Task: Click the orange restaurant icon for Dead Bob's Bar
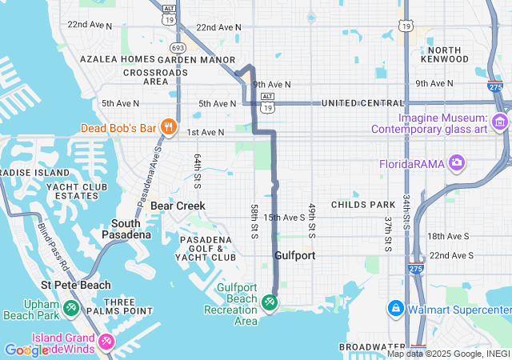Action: [x=168, y=126]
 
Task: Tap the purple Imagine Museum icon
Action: [x=500, y=122]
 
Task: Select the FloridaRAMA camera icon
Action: [x=457, y=163]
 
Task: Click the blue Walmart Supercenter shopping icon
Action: [x=395, y=308]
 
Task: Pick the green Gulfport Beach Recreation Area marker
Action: [x=269, y=302]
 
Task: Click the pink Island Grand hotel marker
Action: [x=106, y=342]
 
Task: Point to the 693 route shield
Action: [x=178, y=48]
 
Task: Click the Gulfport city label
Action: [x=294, y=256]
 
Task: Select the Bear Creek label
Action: [x=178, y=206]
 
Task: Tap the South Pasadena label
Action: [x=126, y=229]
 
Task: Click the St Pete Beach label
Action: [x=76, y=285]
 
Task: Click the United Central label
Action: [x=362, y=103]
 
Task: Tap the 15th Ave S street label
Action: [x=283, y=217]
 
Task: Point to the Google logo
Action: [x=26, y=350]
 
